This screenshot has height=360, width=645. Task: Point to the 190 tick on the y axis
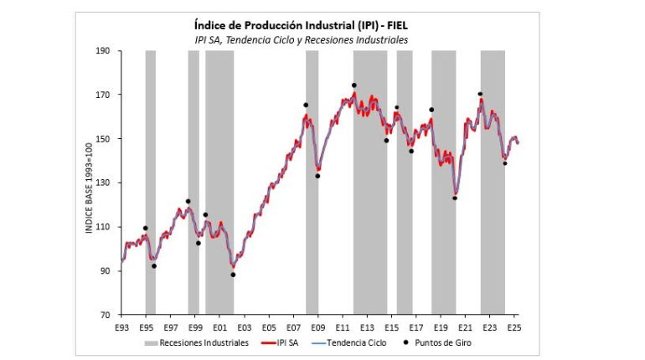coord(104,51)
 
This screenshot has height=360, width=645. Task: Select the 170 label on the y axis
coord(104,95)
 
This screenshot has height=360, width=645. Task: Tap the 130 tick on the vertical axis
coord(104,183)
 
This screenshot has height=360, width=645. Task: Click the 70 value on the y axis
coord(106,315)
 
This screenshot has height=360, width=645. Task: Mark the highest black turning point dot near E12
coord(354,85)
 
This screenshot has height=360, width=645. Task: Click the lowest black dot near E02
coord(233,275)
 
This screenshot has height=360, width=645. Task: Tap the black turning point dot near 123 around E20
coord(455,198)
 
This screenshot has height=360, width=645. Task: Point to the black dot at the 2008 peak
coord(305,105)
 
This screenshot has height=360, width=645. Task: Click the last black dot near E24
coord(505,163)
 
